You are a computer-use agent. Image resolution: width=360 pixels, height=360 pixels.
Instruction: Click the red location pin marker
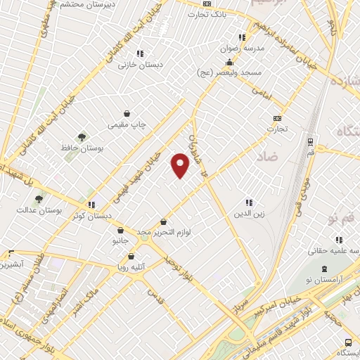[181, 165]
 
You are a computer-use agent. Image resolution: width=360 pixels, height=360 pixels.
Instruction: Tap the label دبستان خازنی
[141, 65]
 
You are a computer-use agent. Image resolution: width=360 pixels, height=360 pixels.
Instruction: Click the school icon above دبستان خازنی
[140, 53]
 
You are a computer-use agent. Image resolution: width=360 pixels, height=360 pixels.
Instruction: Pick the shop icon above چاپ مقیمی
[127, 113]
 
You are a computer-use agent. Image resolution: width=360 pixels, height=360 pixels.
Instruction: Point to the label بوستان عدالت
[41, 210]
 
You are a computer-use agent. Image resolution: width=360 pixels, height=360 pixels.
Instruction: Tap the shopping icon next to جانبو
[121, 230]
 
